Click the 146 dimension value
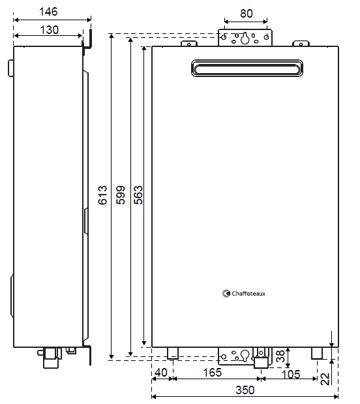click(x=48, y=12)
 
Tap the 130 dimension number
click(x=49, y=29)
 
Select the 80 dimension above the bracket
click(x=246, y=14)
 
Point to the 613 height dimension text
click(x=102, y=195)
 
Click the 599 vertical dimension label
click(x=121, y=195)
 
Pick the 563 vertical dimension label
click(x=138, y=195)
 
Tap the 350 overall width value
click(x=245, y=390)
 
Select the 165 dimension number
click(x=212, y=373)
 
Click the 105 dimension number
click(x=291, y=375)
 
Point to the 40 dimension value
click(x=161, y=373)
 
